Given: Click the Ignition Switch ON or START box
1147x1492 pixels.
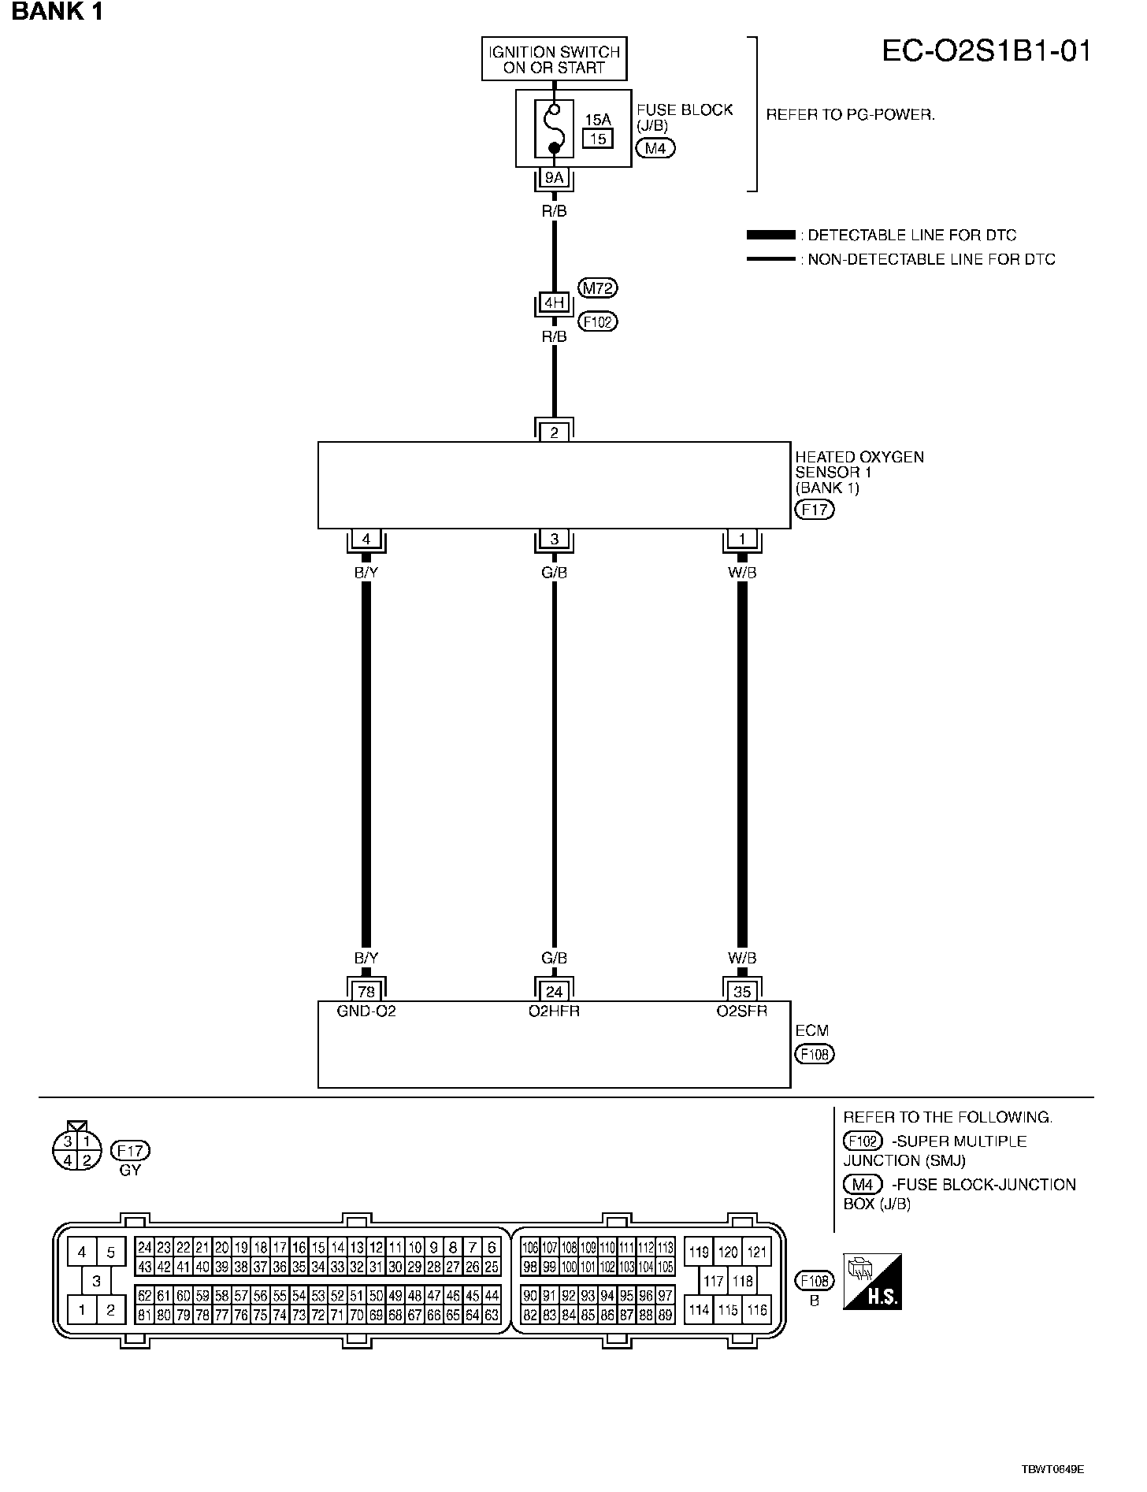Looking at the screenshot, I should point(554,59).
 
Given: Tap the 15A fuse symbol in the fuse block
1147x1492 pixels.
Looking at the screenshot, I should point(554,128).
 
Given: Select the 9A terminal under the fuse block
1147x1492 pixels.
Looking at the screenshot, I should point(554,178).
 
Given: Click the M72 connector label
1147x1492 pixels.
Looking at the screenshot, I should point(597,288).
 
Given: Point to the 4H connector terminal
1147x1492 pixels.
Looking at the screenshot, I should point(554,302).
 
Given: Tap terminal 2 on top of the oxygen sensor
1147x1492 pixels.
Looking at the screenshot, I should point(554,432).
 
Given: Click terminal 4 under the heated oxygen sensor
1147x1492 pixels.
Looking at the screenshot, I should point(366,540).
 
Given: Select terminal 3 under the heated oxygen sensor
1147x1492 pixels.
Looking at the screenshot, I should point(554,540).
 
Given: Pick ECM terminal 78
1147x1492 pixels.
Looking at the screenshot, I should point(366,992).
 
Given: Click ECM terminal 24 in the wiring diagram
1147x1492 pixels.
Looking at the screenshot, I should point(554,992).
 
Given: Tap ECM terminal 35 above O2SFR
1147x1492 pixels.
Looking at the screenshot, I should point(742,992).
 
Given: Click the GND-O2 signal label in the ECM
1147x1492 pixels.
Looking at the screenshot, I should point(366,1011).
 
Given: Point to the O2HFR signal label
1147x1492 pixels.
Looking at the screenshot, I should point(554,1011).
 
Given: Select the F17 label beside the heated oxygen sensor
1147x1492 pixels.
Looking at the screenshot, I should point(815,510).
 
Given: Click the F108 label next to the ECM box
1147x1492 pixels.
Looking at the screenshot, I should point(815,1054).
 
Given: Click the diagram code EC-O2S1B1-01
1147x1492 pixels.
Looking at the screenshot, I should point(986,52).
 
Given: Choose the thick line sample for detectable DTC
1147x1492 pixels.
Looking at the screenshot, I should point(770,235).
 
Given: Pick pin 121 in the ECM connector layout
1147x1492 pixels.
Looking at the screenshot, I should point(756,1252).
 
